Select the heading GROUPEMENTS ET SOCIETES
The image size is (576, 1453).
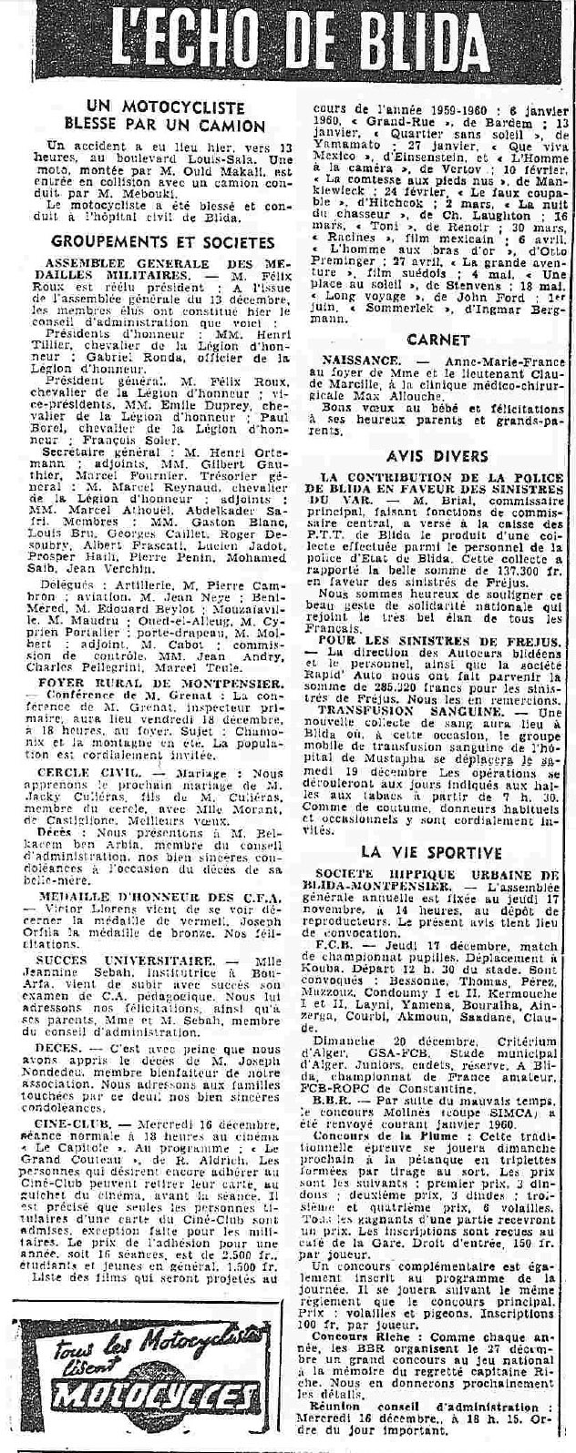[163, 241]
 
